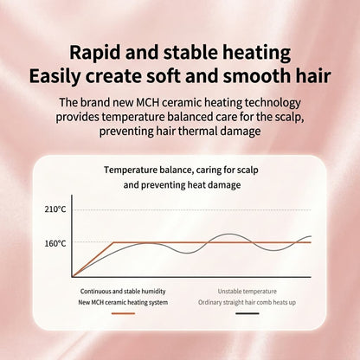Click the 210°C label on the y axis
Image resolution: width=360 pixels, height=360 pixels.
point(55,209)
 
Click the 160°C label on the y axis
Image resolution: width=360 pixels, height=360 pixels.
point(55,243)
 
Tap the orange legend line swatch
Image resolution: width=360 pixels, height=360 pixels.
point(123,313)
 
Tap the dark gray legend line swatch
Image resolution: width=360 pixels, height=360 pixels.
point(247,313)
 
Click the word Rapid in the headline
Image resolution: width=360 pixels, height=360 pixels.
point(95,53)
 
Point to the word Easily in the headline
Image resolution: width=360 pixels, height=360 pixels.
point(55,76)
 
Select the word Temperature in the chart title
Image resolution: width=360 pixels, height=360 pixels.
point(130,170)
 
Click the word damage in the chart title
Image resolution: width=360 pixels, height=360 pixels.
point(224,185)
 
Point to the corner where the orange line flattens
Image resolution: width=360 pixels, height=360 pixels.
point(113,242)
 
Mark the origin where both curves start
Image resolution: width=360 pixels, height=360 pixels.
point(72,277)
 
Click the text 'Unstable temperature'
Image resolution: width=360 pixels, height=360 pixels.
point(247,292)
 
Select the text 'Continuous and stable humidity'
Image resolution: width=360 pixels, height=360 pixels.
point(123,292)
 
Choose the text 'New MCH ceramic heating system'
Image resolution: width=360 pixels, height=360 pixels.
point(123,302)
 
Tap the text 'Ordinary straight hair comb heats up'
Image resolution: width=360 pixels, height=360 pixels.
point(247,302)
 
